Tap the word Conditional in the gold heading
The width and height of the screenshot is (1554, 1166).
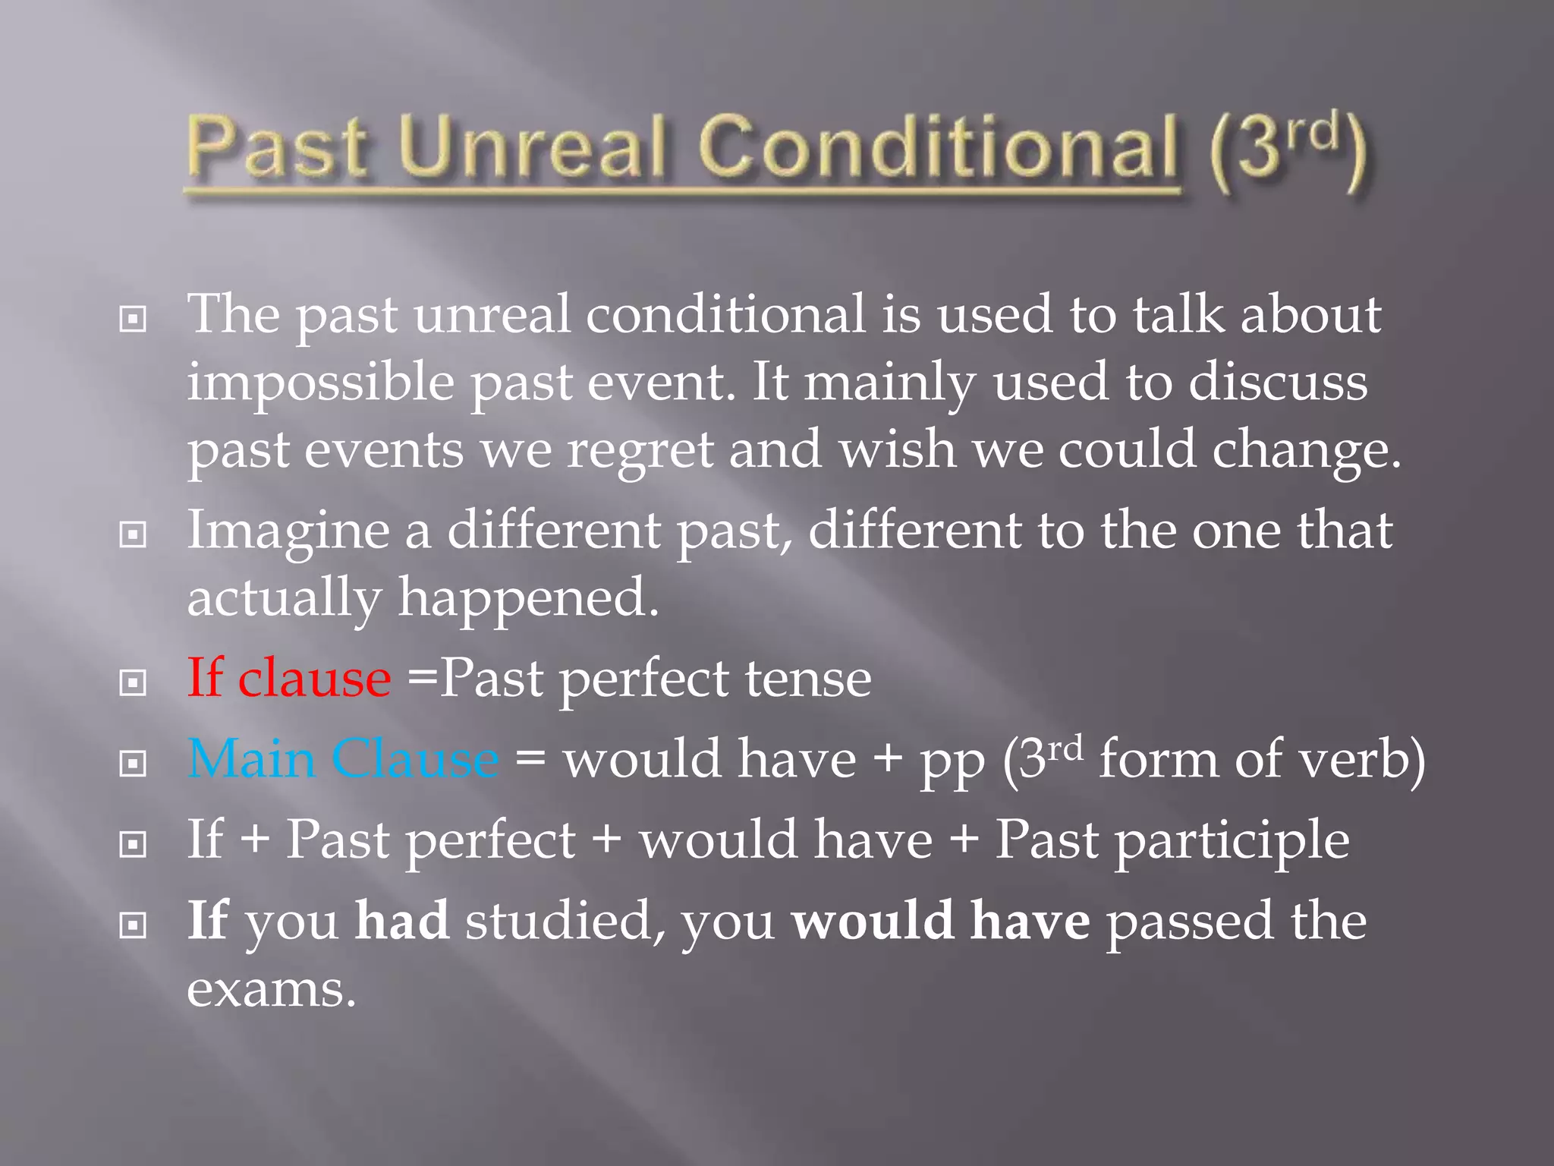938,147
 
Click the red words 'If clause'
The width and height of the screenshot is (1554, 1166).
289,677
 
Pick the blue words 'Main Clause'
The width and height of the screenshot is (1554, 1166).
343,758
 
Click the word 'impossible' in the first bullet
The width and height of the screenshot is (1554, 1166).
320,383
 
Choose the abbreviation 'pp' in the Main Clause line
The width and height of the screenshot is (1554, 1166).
952,761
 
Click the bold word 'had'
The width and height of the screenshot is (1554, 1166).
402,920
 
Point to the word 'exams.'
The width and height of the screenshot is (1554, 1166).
271,989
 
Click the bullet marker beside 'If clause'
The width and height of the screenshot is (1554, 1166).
133,682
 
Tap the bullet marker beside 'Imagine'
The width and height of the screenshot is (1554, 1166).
133,535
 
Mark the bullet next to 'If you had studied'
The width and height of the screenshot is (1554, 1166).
133,925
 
